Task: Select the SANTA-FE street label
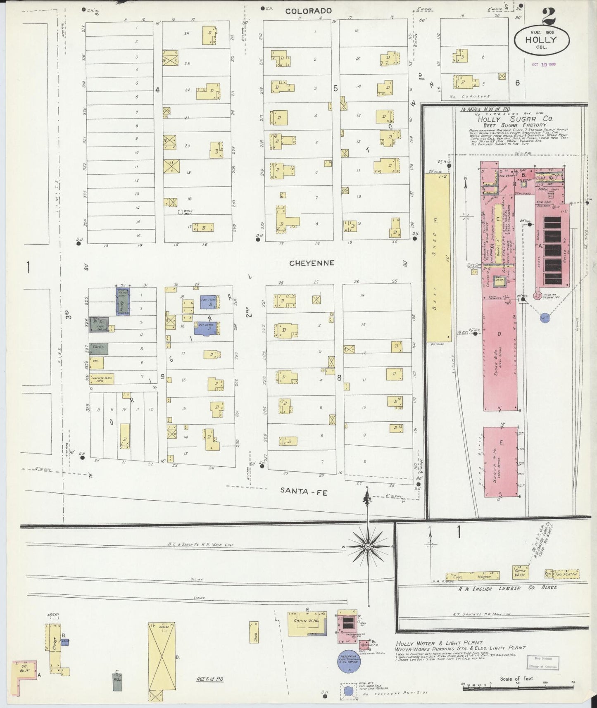[304, 491]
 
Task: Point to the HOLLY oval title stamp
[541, 41]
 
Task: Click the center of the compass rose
[367, 546]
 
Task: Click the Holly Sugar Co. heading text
[515, 119]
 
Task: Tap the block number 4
[157, 90]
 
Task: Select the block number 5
[335, 88]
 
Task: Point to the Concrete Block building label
[98, 378]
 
